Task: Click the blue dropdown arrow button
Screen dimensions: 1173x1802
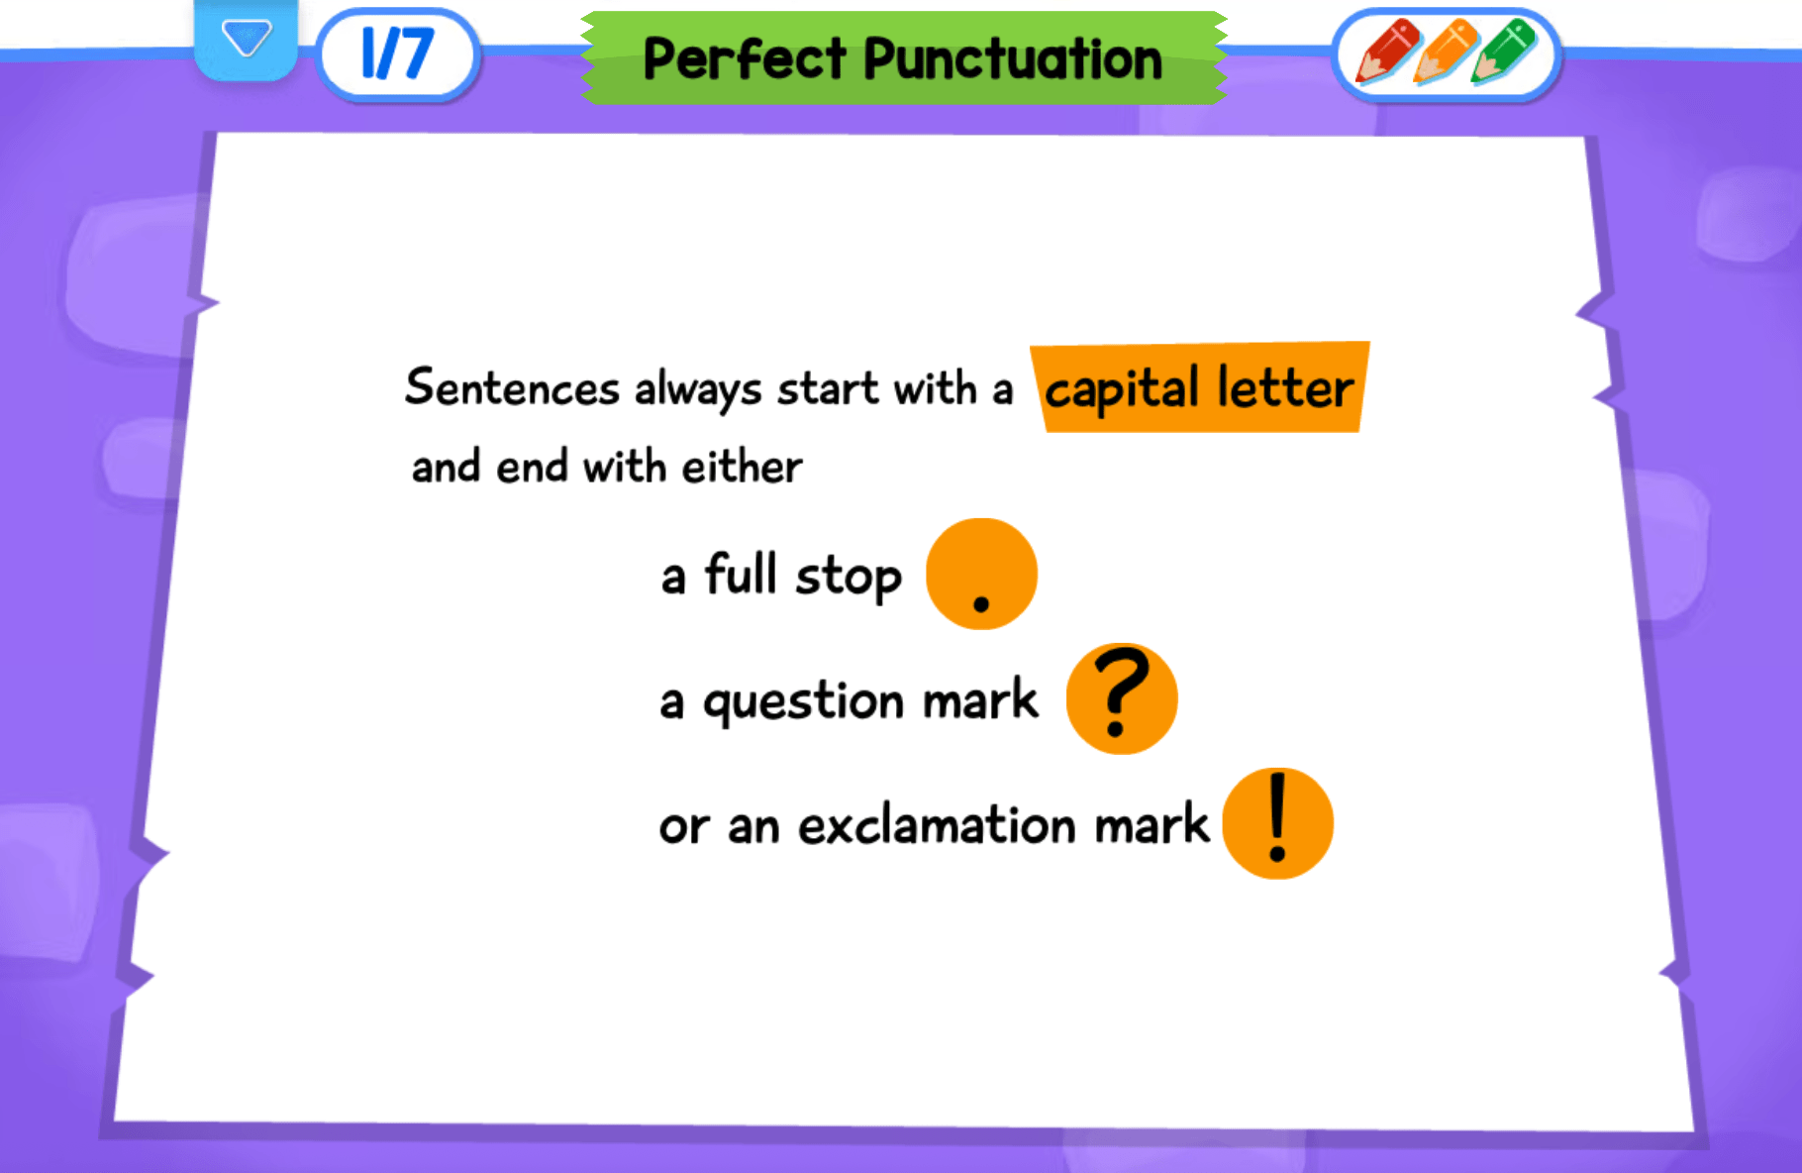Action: [x=246, y=40]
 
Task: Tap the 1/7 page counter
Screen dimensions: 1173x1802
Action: [x=398, y=53]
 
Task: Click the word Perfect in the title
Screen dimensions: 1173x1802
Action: [x=744, y=58]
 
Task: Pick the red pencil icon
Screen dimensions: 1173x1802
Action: [x=1387, y=52]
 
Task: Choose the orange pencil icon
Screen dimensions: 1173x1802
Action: [x=1446, y=52]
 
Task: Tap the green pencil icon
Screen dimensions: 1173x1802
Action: [x=1503, y=52]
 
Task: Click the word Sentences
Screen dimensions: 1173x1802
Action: [x=512, y=386]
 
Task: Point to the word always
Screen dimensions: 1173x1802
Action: [x=698, y=389]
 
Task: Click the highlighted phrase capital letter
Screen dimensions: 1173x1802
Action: [x=1199, y=387]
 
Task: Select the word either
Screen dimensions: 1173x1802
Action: [x=742, y=467]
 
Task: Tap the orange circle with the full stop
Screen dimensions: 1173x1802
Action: [x=981, y=574]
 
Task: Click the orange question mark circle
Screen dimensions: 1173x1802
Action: [x=1121, y=698]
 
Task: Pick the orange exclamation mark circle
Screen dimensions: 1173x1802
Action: [x=1277, y=823]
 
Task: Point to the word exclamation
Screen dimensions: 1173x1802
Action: [x=937, y=825]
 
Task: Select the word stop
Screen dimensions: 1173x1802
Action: [x=849, y=577]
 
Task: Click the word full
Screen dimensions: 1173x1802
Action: [x=740, y=574]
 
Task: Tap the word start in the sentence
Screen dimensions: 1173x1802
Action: [x=828, y=387]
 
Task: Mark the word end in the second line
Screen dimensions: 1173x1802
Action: [x=532, y=467]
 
